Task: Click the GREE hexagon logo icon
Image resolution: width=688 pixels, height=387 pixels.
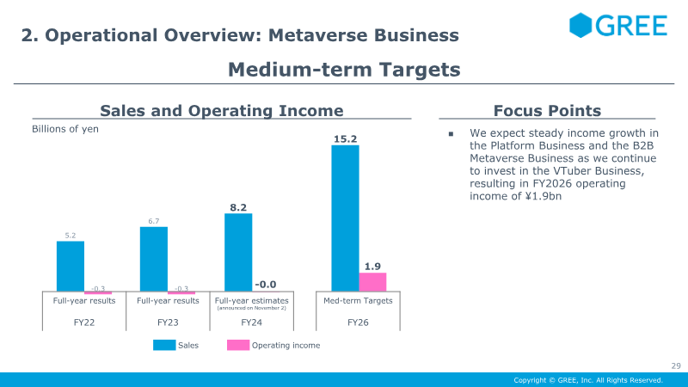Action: click(580, 25)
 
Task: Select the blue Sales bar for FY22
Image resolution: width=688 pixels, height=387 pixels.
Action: click(71, 266)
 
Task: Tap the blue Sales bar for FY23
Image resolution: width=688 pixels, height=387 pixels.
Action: click(154, 259)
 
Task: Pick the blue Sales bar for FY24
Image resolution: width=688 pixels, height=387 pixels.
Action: click(238, 252)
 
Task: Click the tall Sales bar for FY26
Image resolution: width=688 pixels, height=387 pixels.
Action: click(346, 218)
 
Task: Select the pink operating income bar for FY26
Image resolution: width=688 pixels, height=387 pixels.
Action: click(372, 282)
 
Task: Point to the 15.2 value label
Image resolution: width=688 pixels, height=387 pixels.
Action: click(346, 139)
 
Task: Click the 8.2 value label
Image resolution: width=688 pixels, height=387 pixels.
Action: click(238, 207)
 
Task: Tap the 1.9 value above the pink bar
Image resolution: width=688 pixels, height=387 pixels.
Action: click(372, 267)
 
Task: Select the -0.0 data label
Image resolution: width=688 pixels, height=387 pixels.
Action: click(266, 285)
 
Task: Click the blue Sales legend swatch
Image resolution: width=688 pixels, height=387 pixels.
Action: click(164, 345)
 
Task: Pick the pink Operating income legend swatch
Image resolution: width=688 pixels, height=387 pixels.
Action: click(238, 345)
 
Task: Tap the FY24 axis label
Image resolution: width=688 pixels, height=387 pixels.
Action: click(251, 322)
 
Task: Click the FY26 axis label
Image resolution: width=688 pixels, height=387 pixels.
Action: click(358, 322)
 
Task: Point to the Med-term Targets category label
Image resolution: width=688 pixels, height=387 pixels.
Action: click(358, 300)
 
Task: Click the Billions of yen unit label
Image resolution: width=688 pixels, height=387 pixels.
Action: click(65, 129)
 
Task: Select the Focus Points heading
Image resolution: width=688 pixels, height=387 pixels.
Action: click(547, 111)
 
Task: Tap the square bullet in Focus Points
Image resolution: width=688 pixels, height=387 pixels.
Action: click(451, 134)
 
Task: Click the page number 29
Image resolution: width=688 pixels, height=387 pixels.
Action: click(676, 366)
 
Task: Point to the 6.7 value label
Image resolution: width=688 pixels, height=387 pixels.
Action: click(154, 221)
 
